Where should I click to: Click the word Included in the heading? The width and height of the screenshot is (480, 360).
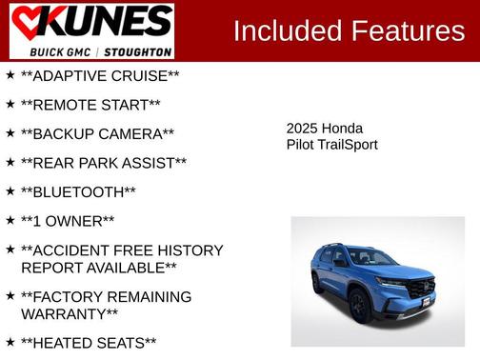287,30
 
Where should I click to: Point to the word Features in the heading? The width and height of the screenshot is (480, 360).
408,30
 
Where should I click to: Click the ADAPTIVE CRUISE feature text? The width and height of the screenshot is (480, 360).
100,75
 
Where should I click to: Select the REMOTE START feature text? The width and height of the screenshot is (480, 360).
90,105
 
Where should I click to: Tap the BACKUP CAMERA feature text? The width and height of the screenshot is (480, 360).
97,134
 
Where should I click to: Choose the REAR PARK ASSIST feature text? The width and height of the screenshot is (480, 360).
103,163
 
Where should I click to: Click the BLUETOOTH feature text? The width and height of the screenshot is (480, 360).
78,192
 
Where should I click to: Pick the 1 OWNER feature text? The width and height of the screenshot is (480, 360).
68,221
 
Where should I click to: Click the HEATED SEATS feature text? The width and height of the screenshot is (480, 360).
89,343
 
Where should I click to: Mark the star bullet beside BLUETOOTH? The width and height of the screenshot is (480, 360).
10,190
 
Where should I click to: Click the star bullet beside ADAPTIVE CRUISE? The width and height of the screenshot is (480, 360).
10,73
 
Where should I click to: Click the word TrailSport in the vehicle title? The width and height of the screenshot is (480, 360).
348,145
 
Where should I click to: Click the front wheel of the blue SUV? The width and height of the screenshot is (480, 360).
360,308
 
